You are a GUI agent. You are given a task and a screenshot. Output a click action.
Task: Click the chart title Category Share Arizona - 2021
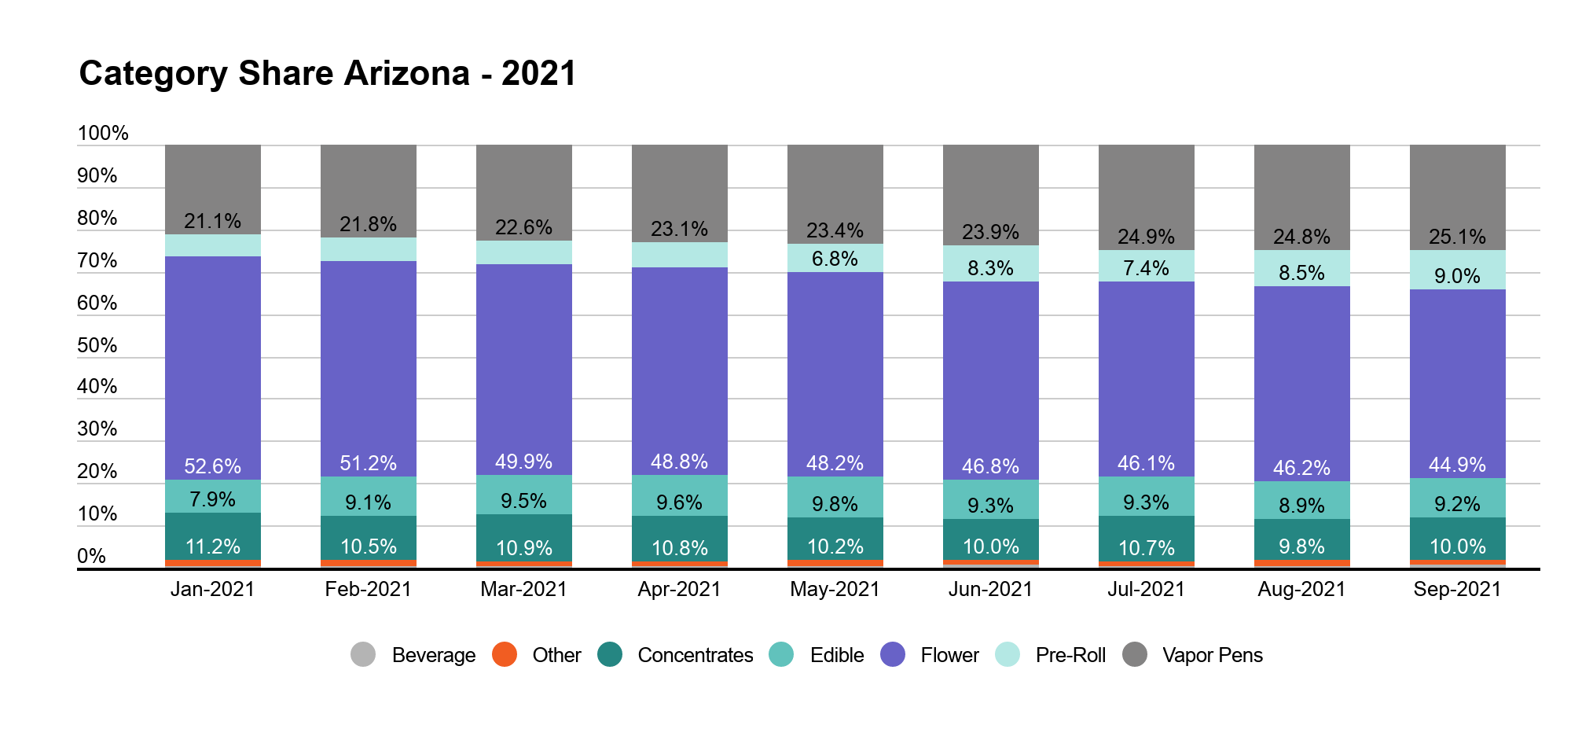coord(328,74)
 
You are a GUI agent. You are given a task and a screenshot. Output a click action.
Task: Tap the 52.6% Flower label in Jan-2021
coord(212,466)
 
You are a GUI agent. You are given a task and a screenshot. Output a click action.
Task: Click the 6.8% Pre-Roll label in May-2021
coord(835,259)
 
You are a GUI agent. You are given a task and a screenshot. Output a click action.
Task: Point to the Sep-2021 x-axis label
coord(1457,589)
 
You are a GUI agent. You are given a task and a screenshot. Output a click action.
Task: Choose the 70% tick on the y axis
coord(97,260)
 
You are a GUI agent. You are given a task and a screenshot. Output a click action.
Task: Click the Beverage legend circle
coord(363,654)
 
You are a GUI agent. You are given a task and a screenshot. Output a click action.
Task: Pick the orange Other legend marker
coord(505,654)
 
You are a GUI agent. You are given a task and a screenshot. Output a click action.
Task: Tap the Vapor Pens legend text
coord(1212,655)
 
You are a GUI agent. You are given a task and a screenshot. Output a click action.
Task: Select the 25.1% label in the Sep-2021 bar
coord(1457,237)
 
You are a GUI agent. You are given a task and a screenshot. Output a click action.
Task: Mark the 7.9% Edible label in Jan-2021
coord(212,499)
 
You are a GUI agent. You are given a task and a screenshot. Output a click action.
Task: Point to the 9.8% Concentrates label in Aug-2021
coord(1301,546)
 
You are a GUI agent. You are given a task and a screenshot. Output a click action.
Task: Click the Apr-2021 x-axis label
coord(679,589)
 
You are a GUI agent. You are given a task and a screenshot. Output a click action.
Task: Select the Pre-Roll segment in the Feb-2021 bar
coord(368,249)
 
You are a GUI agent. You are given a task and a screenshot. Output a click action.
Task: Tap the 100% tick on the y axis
coord(103,133)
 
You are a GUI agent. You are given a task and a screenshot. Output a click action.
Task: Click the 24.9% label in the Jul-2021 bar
coord(1146,237)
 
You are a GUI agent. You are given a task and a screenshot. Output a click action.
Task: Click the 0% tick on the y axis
coord(91,556)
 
